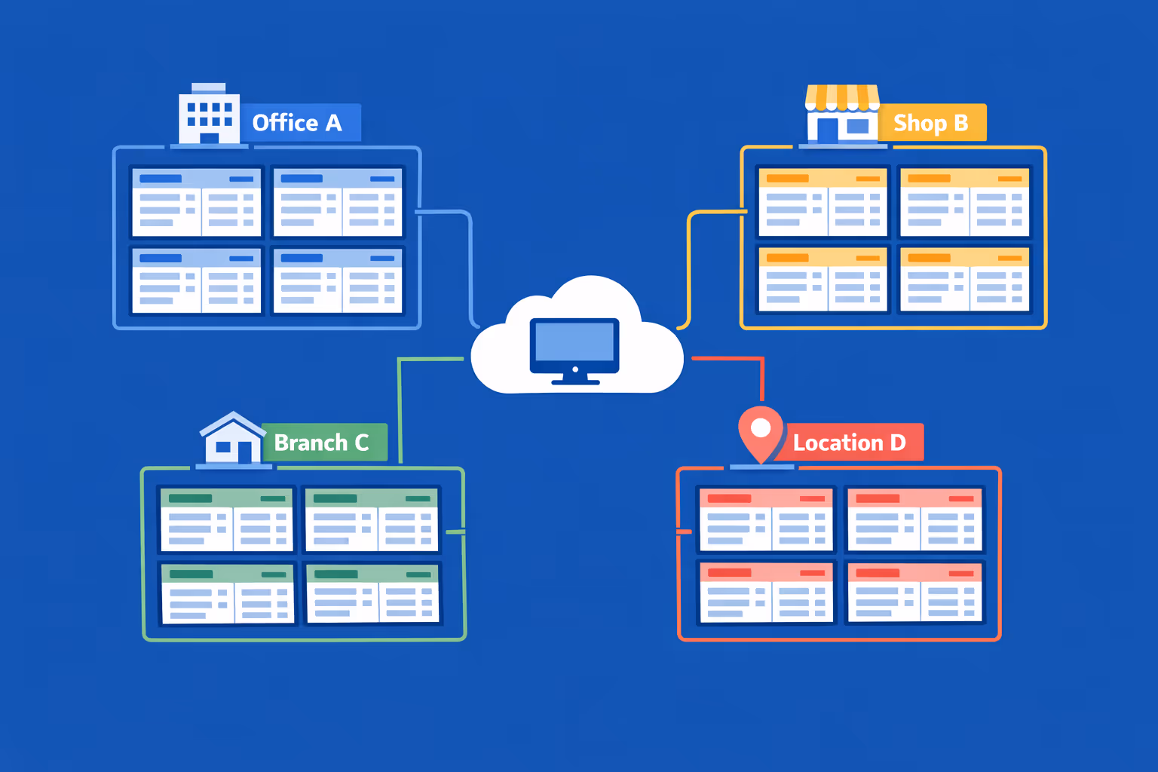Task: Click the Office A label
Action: (299, 123)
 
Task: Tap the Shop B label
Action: (931, 123)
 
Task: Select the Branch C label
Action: (323, 443)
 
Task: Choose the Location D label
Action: (850, 443)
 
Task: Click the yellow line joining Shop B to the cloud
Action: (689, 264)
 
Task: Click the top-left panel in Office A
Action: (196, 202)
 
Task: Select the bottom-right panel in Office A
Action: (337, 280)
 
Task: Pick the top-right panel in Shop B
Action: (964, 202)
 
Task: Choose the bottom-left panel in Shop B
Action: (823, 280)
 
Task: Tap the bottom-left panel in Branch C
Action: (227, 593)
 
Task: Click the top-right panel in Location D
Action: (914, 519)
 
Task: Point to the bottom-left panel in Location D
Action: (766, 593)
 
